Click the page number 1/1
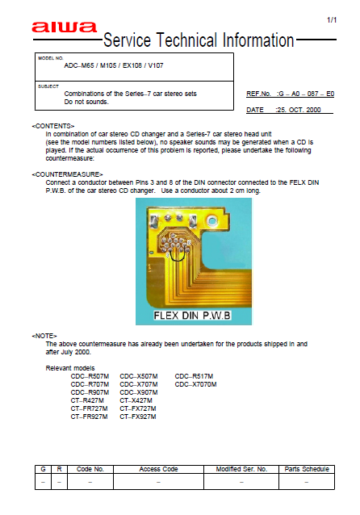click(x=332, y=19)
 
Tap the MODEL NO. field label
click(x=51, y=58)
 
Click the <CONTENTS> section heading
click(x=53, y=127)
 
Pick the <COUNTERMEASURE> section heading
click(x=67, y=174)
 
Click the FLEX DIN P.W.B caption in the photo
click(x=194, y=312)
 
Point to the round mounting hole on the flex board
click(x=212, y=219)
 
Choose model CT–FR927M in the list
click(x=90, y=417)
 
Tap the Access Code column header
click(x=159, y=469)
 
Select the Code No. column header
click(x=90, y=469)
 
